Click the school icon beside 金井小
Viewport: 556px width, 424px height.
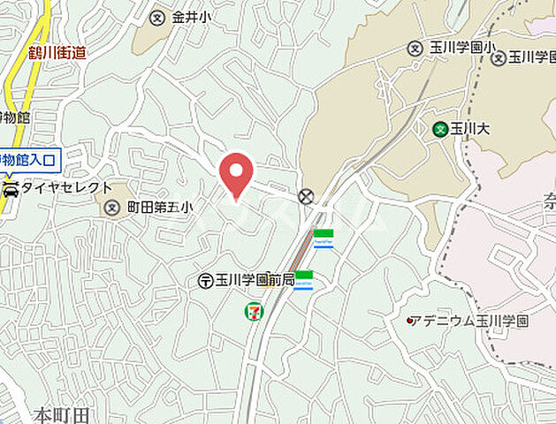pyautogui.click(x=157, y=17)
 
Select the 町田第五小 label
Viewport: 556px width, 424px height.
pyautogui.click(x=159, y=208)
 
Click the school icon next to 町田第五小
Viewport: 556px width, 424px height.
pyautogui.click(x=111, y=208)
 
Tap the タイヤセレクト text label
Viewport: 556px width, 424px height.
pyautogui.click(x=67, y=188)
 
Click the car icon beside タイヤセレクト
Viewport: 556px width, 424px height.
pyautogui.click(x=11, y=188)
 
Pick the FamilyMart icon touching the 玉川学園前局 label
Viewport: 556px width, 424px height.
pyautogui.click(x=303, y=280)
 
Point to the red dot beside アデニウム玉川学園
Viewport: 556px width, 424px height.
pyautogui.click(x=409, y=320)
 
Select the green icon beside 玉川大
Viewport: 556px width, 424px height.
pyautogui.click(x=439, y=129)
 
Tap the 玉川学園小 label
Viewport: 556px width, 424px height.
pyautogui.click(x=456, y=48)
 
